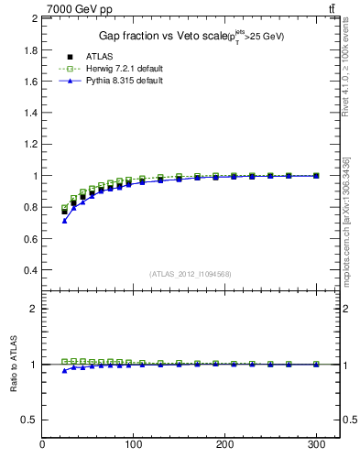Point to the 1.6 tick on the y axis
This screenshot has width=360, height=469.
[x=29, y=81]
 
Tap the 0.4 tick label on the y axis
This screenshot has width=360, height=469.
[x=29, y=270]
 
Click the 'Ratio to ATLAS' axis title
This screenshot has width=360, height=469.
[x=13, y=364]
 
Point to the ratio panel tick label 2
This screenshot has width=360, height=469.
[x=34, y=309]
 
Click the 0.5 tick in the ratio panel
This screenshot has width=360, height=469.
[x=29, y=420]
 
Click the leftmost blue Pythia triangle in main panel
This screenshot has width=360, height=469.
[x=64, y=221]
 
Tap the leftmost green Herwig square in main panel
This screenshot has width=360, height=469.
[x=64, y=208]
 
